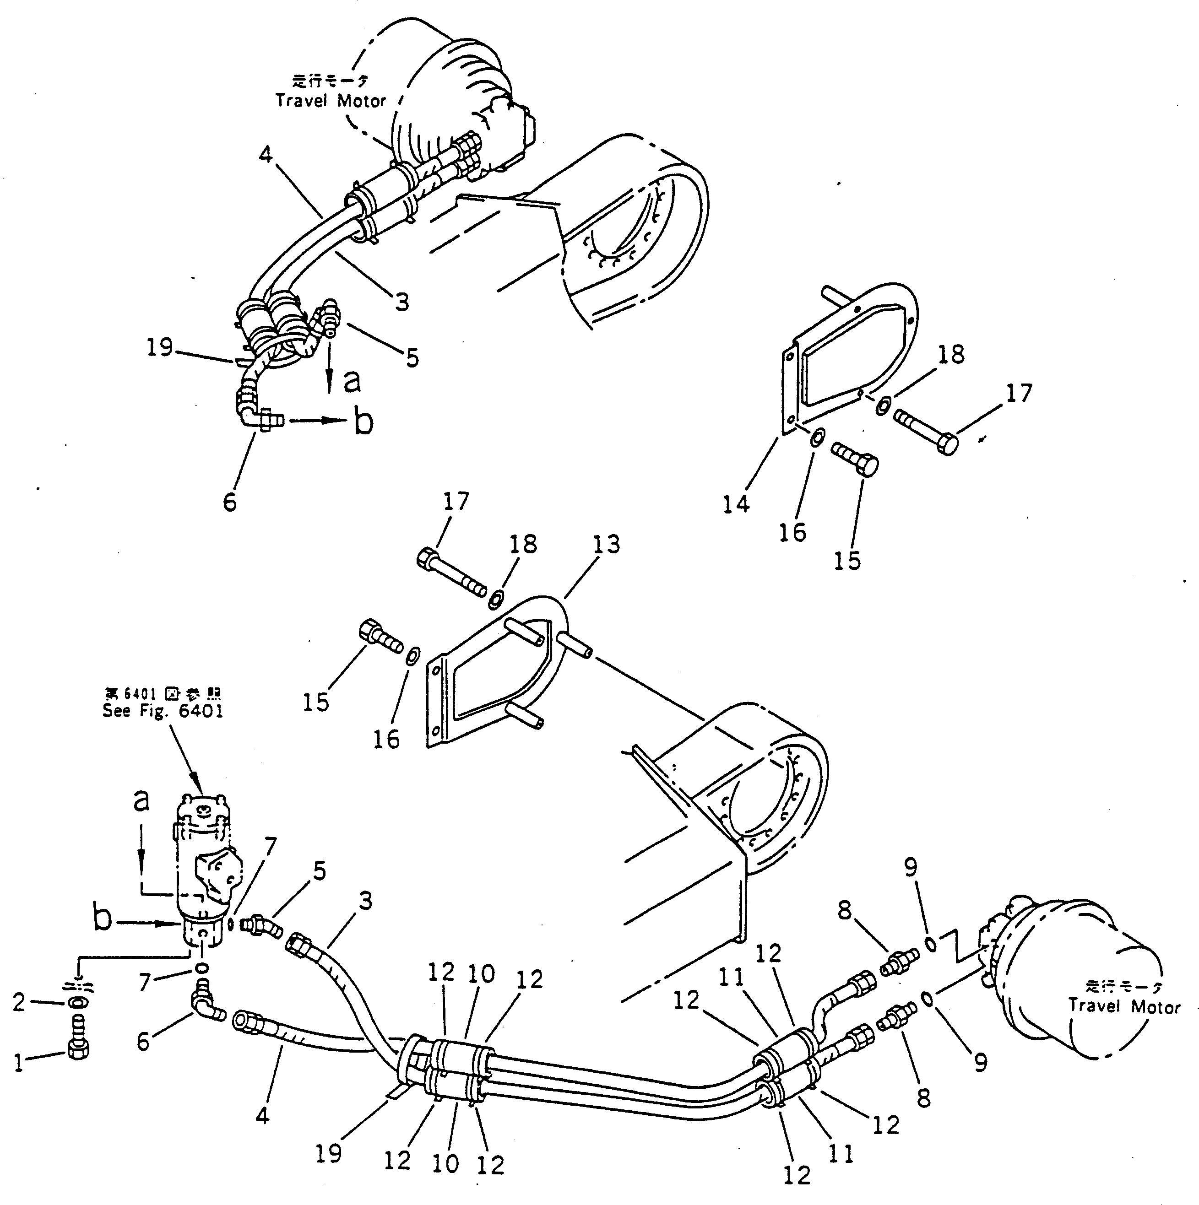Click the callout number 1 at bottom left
pos(19,1062)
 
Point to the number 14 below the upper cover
pos(736,504)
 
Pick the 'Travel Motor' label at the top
pos(331,100)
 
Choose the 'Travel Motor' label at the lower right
pos(1123,1023)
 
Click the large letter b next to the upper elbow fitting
pos(363,422)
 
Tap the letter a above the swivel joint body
pos(142,801)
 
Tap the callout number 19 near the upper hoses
pos(160,347)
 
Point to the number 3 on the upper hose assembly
pos(402,302)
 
